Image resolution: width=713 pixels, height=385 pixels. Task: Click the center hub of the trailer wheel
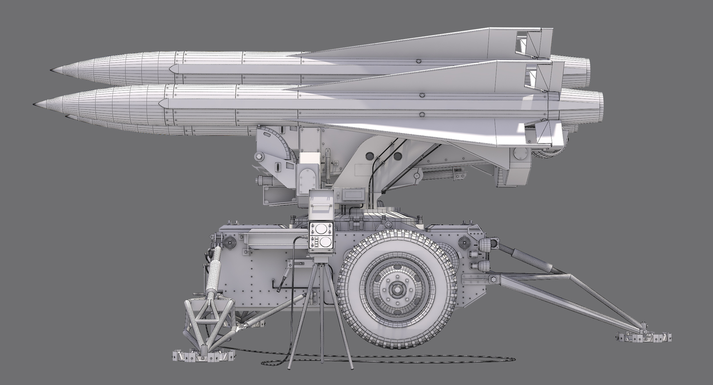tap(397, 289)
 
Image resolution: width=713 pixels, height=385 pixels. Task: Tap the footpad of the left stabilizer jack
tap(203, 356)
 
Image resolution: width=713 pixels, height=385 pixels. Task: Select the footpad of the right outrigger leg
tap(643, 336)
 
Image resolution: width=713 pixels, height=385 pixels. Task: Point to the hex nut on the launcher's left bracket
tap(259, 157)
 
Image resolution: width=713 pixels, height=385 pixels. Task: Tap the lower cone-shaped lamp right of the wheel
tap(482, 266)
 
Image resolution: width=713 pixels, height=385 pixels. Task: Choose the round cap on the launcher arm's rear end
tap(520, 154)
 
